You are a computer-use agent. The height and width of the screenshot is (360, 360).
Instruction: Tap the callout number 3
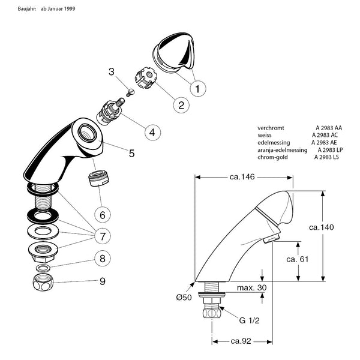tap(112, 72)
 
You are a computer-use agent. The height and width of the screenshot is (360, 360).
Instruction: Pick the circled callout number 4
tap(152, 131)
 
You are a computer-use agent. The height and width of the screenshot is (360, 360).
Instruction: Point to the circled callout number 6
tap(102, 214)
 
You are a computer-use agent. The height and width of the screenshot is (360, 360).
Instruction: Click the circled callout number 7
tap(103, 235)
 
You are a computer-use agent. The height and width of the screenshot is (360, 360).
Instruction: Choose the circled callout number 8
tap(103, 259)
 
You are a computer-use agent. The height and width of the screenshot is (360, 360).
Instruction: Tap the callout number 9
tap(103, 281)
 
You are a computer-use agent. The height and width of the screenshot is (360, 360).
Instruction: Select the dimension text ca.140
tap(322, 227)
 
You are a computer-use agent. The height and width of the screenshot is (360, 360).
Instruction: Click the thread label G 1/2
tap(248, 321)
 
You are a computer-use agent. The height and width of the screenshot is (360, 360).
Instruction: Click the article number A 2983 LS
tap(328, 157)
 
